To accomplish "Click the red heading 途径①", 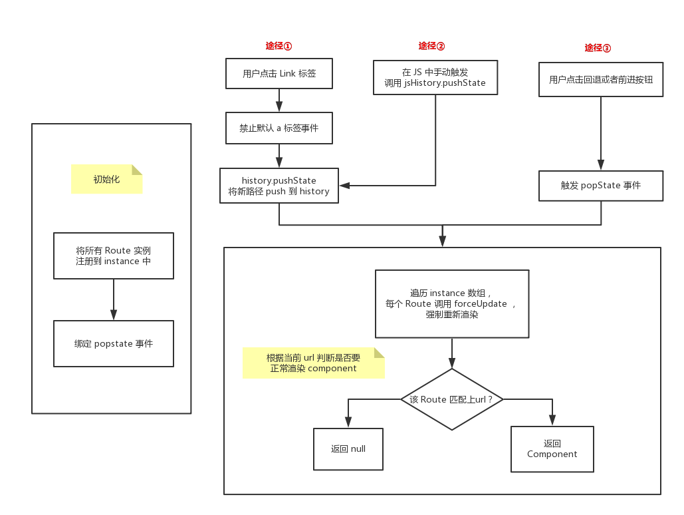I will coord(279,46).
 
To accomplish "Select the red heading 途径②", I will coord(431,46).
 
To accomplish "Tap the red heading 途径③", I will coord(598,48).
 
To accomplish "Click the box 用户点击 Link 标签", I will coord(279,74).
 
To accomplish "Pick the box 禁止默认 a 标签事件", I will coord(279,128).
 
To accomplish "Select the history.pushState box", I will coord(279,186).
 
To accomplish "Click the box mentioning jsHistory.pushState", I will coord(435,78).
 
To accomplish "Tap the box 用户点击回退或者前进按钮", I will coord(601,80).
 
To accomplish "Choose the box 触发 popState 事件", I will coord(601,186).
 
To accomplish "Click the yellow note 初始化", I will coord(107,179).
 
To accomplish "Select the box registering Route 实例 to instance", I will coord(114,256).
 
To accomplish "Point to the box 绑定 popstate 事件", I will coord(114,343).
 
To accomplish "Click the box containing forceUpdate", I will coord(452,303).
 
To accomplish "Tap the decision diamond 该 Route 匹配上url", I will coord(452,399).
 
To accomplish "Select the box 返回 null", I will coord(348,448).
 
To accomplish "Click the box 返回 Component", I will coord(552,449).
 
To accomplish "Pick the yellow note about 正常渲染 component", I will coord(314,363).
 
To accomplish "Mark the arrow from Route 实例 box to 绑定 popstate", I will coord(114,299).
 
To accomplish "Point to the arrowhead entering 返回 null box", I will coord(348,421).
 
